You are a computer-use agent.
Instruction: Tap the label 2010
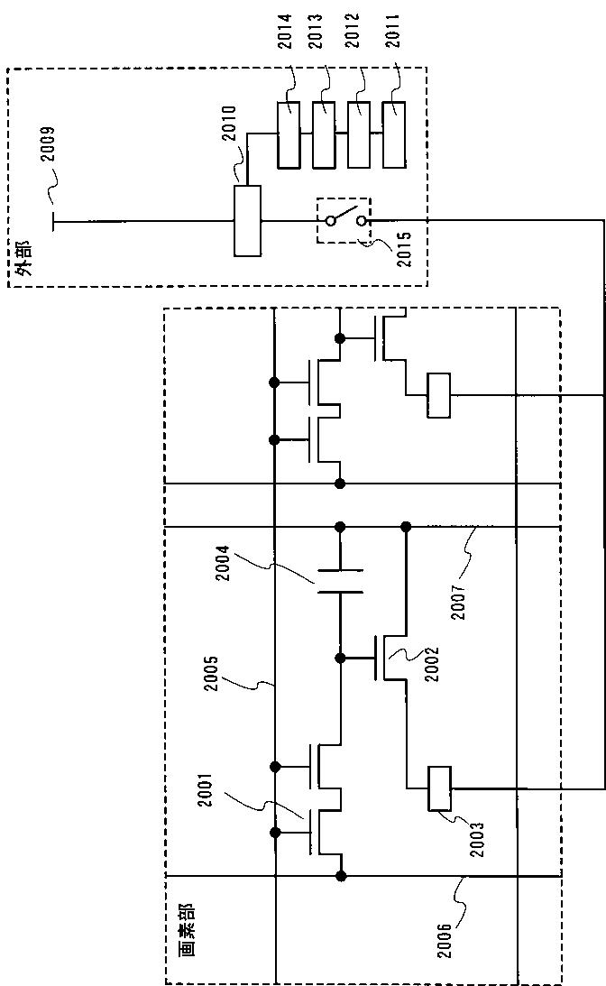click(x=229, y=124)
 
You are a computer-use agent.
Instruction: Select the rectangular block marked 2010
click(x=247, y=221)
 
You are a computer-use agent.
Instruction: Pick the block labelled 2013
click(x=324, y=134)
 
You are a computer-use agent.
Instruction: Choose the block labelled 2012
click(x=359, y=134)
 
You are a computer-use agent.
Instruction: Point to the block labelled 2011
click(x=393, y=134)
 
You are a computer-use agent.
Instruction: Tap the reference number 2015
click(x=404, y=250)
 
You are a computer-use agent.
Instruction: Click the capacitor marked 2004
click(x=340, y=581)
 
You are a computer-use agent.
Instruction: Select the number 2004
click(x=223, y=563)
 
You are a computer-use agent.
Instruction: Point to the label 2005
click(x=212, y=674)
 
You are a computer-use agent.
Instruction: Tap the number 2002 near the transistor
click(x=432, y=664)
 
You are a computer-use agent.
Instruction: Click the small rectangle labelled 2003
click(x=439, y=788)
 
